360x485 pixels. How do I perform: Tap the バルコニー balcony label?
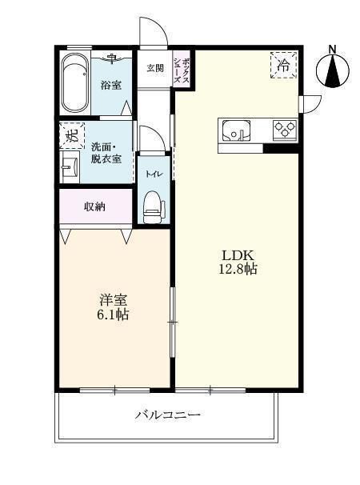coord(167,415)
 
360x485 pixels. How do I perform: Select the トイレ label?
coord(152,172)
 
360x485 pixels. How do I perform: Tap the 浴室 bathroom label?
coord(110,83)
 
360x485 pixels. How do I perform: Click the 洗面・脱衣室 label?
coord(106,153)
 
